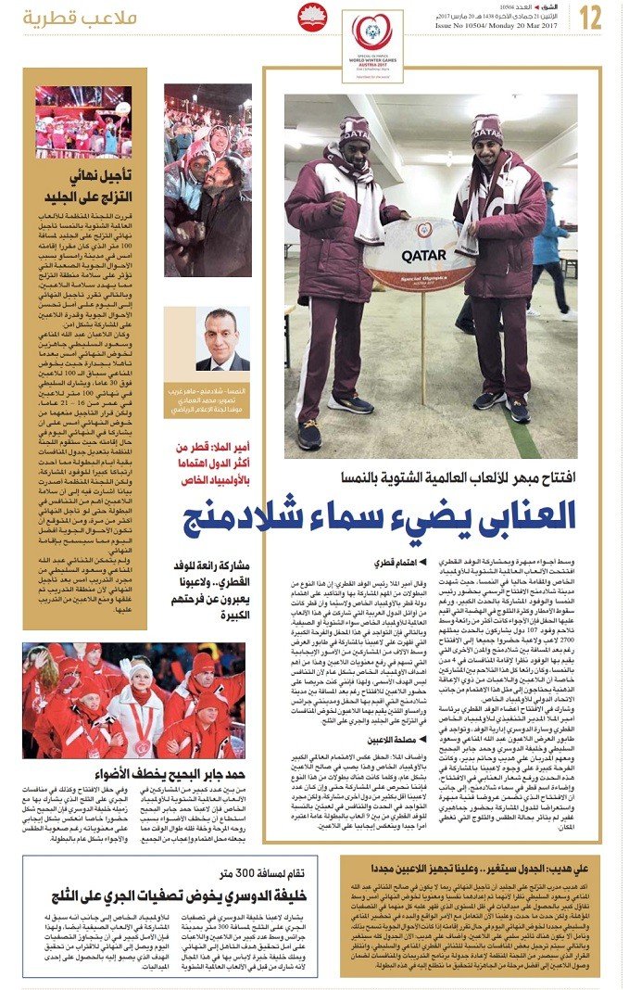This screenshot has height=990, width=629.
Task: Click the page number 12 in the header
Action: [591, 16]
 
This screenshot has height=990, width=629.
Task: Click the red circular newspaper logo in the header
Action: [312, 18]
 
